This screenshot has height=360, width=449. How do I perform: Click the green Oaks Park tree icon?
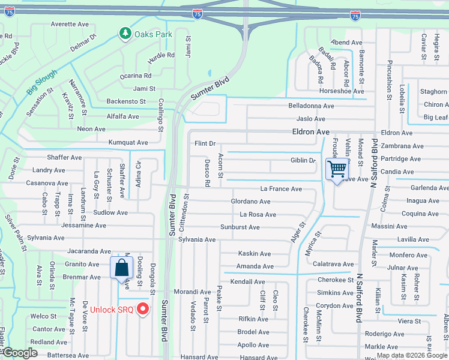125,34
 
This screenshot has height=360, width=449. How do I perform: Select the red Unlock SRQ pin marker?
143,309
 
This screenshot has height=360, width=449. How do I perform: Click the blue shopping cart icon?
337,170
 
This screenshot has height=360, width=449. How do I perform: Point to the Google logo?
20,353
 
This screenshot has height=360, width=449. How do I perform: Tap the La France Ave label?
281,188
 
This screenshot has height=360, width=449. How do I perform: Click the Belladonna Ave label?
311,106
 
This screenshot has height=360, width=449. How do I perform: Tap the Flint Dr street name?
205,143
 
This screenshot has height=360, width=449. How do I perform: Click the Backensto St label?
126,101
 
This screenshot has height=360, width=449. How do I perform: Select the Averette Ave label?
70,25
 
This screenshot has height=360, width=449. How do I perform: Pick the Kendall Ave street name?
247,281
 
